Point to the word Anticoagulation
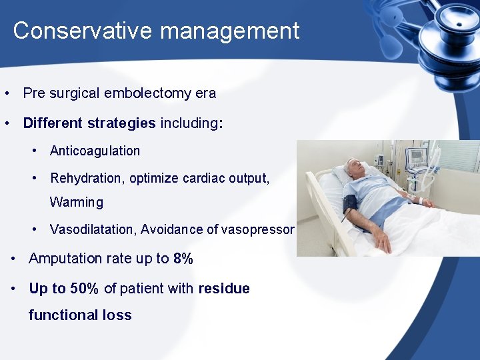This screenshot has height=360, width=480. tap(95, 151)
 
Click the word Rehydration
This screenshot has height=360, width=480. tap(86, 178)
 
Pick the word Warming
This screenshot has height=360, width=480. tap(77, 202)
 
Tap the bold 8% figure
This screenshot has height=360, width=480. tap(183, 259)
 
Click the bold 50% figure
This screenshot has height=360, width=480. tap(85, 289)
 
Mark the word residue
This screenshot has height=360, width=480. tap(224, 289)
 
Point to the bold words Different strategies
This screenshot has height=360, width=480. tap(89, 123)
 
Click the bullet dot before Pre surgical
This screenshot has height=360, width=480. tap(6, 93)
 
